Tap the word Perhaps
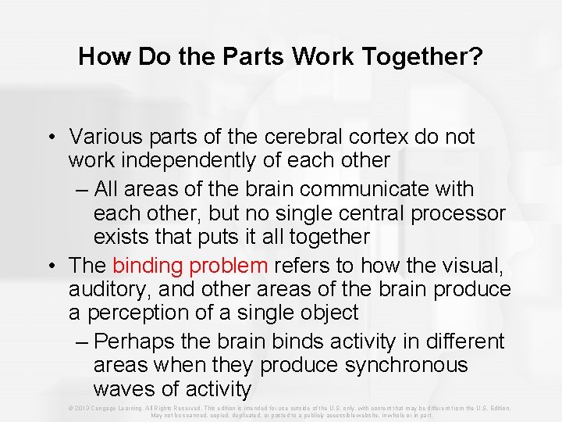click(x=137, y=342)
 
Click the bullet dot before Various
click(x=50, y=137)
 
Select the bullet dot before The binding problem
click(x=50, y=266)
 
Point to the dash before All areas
click(x=84, y=189)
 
